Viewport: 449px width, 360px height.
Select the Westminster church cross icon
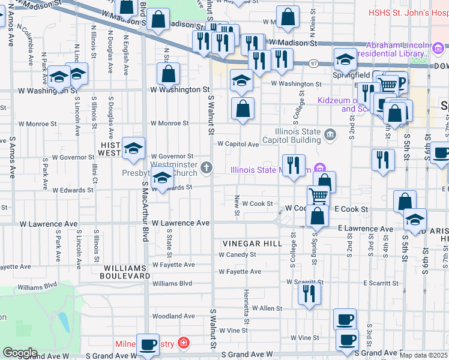click(x=207, y=167)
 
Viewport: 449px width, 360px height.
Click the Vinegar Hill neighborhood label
click(x=252, y=244)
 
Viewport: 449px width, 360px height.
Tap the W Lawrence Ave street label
click(x=180, y=223)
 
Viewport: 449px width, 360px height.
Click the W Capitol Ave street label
click(x=238, y=144)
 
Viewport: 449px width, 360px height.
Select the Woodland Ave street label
click(x=173, y=316)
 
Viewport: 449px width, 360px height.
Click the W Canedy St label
click(x=237, y=254)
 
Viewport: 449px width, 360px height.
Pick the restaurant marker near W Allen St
click(x=310, y=294)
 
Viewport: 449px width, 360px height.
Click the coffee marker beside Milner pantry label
click(x=148, y=345)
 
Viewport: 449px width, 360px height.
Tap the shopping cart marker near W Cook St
click(x=318, y=196)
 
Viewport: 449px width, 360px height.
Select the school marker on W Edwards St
click(x=161, y=178)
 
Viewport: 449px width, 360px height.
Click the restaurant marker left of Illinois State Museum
click(x=294, y=165)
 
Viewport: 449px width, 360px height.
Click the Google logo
click(x=19, y=352)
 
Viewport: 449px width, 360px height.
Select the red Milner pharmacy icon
click(x=183, y=344)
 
